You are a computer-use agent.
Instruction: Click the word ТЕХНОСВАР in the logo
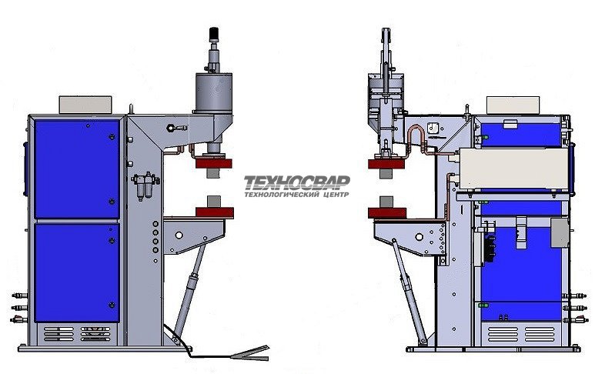pos(297,182)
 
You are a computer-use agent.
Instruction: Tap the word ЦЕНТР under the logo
pos(335,195)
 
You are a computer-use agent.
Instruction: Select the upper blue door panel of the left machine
pos(77,169)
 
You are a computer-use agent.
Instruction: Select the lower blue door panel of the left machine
pos(77,272)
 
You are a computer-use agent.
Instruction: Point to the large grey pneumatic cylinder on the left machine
pos(214,93)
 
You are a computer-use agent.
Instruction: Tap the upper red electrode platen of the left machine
pos(214,163)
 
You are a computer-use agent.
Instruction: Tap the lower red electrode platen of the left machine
pos(215,212)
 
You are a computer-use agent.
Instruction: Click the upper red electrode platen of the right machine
pos(386,164)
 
